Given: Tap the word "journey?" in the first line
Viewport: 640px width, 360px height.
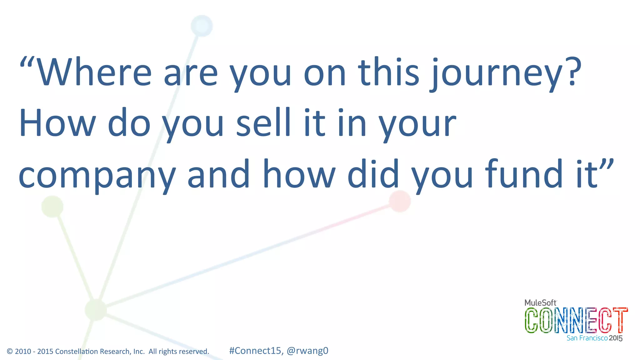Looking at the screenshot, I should click(x=506, y=73).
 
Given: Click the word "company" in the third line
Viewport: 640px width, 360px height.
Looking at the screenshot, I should click(x=97, y=175).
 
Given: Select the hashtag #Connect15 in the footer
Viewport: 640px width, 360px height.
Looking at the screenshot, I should click(x=255, y=351).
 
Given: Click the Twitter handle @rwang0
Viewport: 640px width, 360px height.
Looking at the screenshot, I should click(x=307, y=351).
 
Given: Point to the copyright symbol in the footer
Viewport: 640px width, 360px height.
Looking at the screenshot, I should click(x=10, y=352).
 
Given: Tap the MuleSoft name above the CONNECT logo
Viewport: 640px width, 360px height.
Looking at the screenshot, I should click(x=540, y=302).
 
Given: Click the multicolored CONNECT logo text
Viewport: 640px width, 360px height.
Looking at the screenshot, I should click(x=576, y=320).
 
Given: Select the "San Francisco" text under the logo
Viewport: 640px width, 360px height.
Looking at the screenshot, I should click(x=587, y=338).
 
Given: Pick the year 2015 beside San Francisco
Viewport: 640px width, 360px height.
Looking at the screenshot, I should click(x=616, y=338).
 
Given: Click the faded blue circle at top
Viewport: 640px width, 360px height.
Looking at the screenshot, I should click(x=202, y=26).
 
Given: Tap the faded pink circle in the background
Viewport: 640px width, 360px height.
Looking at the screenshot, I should click(x=400, y=201).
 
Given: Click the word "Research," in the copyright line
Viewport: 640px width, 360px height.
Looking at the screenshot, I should click(x=117, y=352).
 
